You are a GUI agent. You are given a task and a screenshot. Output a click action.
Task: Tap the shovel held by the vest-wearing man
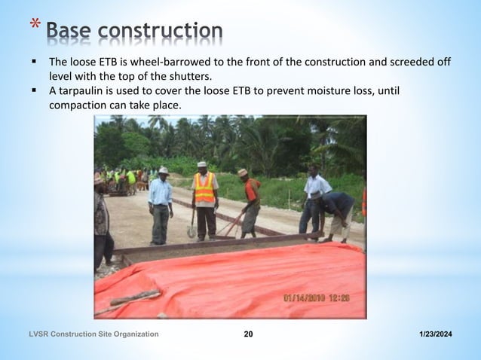(192, 225)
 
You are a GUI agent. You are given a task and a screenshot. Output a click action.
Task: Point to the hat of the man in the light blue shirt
(163, 171)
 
